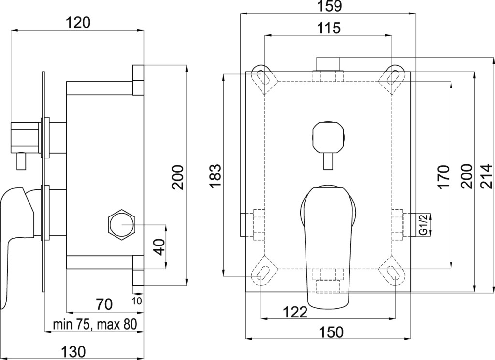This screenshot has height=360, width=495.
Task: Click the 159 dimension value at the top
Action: coord(329,6)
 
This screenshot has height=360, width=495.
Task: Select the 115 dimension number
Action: coord(329,28)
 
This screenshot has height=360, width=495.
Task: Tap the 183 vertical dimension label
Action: coord(217,175)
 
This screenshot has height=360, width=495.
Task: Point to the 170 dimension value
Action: coord(443,177)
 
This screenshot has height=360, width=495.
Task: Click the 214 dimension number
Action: coord(488,176)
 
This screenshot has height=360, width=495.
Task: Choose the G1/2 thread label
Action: coord(424,225)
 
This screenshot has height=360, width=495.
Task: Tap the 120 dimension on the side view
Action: coord(78,23)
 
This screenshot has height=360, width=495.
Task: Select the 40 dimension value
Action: coord(160,247)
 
